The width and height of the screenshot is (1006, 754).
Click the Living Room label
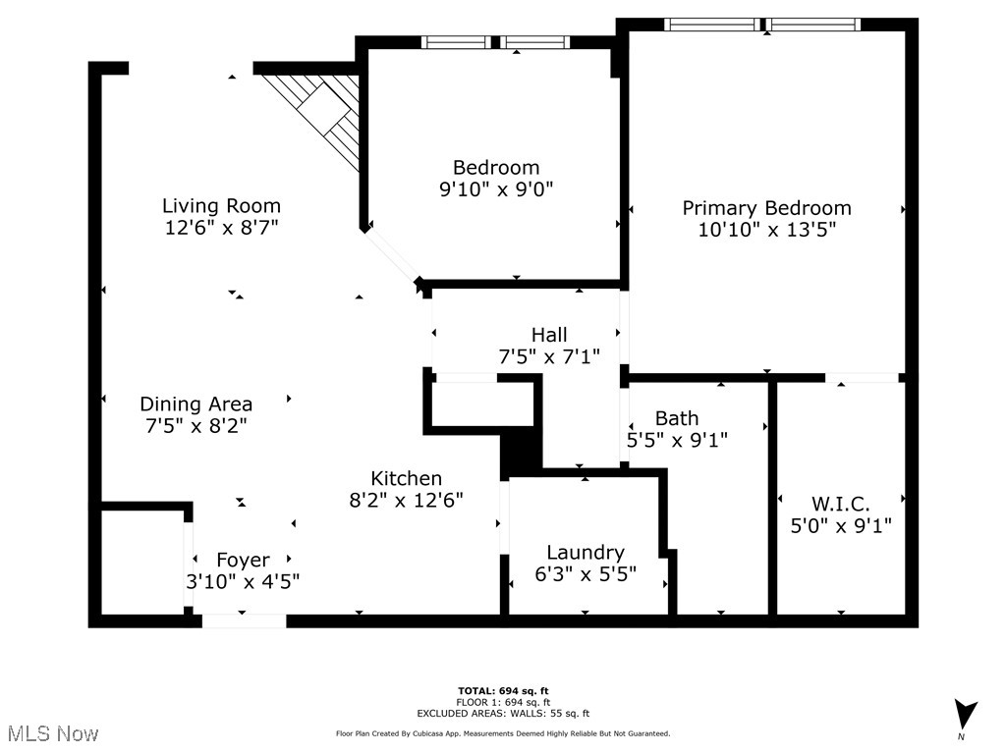click(221, 206)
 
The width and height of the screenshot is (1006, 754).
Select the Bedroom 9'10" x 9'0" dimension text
click(496, 189)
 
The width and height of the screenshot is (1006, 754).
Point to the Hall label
click(549, 335)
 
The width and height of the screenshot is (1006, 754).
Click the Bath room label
click(677, 418)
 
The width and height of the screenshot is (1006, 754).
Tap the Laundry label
click(586, 553)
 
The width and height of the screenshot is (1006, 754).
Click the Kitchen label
click(406, 478)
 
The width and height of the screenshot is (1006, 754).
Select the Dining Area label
click(196, 404)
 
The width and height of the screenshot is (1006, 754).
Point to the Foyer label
click(243, 560)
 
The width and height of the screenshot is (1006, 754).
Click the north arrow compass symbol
click(966, 715)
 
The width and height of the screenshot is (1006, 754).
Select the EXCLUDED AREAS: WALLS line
click(517, 714)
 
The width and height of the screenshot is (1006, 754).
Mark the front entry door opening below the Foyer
click(244, 620)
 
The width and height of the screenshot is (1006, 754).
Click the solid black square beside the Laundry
click(521, 453)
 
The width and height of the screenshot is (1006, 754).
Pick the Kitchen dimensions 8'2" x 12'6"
click(406, 499)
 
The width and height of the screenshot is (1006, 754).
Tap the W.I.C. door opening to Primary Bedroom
click(862, 377)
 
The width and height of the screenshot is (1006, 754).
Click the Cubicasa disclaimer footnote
click(503, 733)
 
